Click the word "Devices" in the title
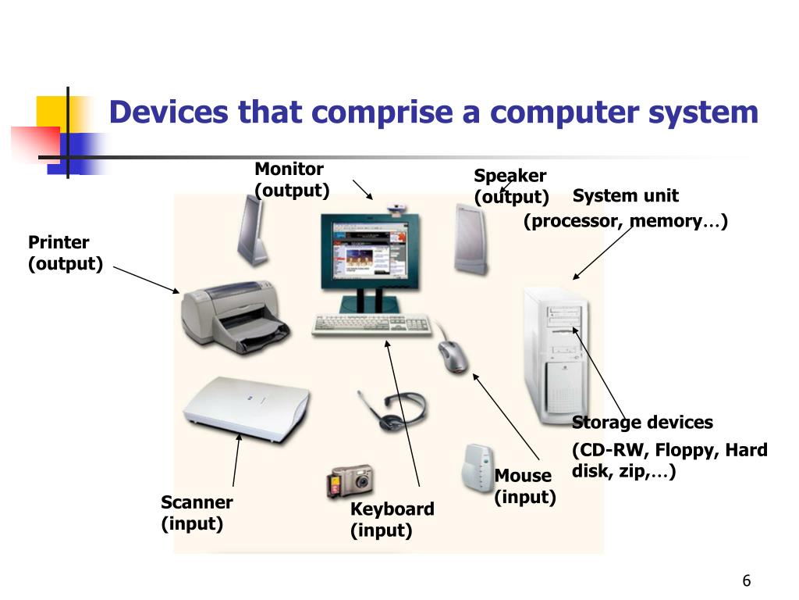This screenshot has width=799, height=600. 168,112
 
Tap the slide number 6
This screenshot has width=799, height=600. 746,580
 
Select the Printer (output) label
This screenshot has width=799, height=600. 66,253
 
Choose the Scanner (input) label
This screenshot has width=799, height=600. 197,512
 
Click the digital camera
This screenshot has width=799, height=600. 350,481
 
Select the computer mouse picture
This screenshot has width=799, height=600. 453,356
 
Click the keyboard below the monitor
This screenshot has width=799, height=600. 371,324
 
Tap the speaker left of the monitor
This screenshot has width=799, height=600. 251,230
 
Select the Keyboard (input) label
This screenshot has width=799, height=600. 392,520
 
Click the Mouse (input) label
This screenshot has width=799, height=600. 524,486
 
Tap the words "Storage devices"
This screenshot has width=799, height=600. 642,423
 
